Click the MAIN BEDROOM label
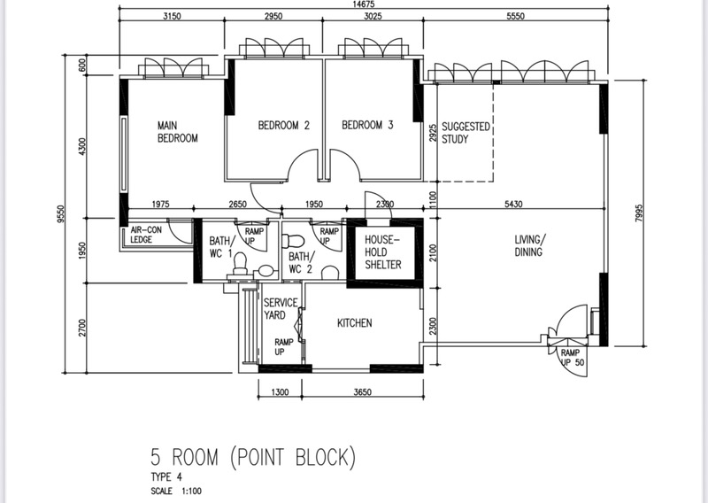click(x=178, y=132)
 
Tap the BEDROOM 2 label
click(x=283, y=125)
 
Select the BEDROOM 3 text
click(x=367, y=125)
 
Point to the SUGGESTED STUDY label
click(x=466, y=133)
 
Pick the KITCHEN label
click(x=355, y=322)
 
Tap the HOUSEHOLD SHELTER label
click(x=383, y=252)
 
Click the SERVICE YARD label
click(x=281, y=309)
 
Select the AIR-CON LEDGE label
click(x=146, y=235)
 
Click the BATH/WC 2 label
click(x=300, y=263)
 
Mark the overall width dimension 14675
click(x=364, y=4)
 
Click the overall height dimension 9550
click(x=61, y=214)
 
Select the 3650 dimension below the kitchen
click(x=362, y=391)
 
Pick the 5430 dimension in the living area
click(x=513, y=204)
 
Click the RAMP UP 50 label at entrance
click(x=573, y=358)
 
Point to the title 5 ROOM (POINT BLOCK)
click(x=253, y=456)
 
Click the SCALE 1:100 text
click(x=176, y=491)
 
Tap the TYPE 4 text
click(x=166, y=476)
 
